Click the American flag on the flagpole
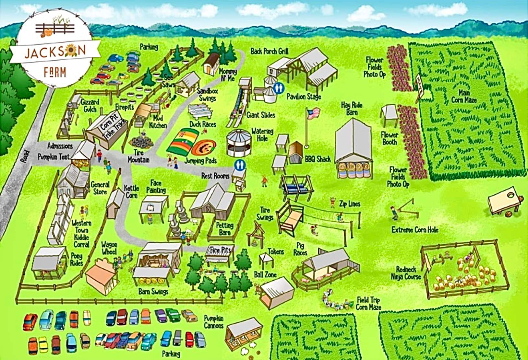click(313, 113)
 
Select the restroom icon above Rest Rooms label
click(240, 165)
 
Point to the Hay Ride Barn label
click(352, 109)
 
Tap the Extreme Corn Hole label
click(415, 230)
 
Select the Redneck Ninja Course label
click(406, 273)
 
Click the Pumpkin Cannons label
click(214, 321)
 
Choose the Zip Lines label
click(350, 204)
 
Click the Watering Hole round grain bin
click(239, 143)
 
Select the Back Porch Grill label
click(270, 51)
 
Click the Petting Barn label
click(225, 229)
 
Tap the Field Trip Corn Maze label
click(368, 304)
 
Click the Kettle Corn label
click(132, 192)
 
